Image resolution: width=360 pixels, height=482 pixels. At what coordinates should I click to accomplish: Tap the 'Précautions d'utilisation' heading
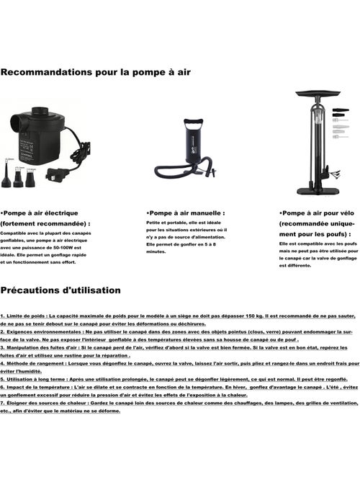pyautogui.click(x=60, y=290)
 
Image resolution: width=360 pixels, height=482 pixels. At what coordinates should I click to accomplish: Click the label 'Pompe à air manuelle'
pyautogui.click(x=185, y=213)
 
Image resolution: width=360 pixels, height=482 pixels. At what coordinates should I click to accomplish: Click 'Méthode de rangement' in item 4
pyautogui.click(x=32, y=364)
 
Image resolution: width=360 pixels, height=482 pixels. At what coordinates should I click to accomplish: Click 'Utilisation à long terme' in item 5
pyautogui.click(x=36, y=379)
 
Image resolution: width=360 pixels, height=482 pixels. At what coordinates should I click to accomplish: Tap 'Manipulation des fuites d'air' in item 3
pyautogui.click(x=40, y=348)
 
